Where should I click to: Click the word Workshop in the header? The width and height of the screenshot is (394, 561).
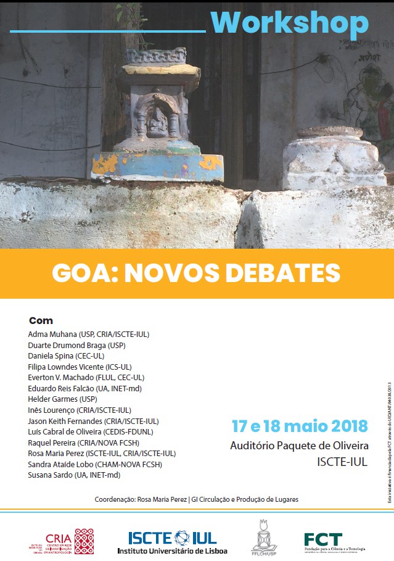click(289, 23)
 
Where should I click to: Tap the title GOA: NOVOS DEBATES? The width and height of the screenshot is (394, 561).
click(196, 273)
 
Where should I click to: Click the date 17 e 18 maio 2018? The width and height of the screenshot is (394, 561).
click(300, 426)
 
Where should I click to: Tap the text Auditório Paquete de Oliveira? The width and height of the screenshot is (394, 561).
click(299, 446)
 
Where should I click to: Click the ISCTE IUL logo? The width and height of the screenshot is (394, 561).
click(172, 541)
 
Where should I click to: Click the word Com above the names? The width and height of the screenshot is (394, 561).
click(41, 321)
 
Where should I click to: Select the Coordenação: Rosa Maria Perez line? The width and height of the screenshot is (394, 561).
click(196, 499)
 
